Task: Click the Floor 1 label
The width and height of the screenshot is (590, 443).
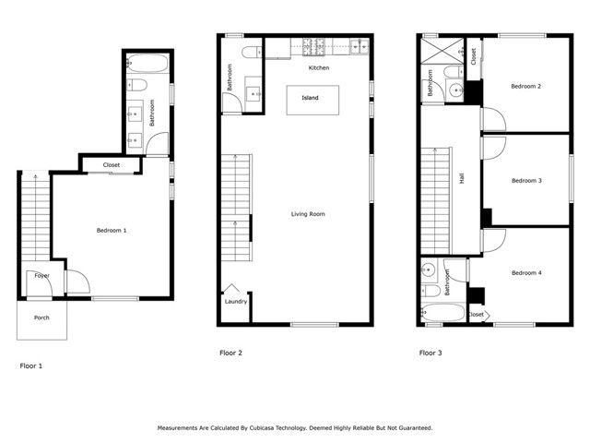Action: pos(31,366)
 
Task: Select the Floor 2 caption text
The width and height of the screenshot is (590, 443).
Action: pos(230,353)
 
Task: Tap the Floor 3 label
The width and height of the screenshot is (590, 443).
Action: pos(431,353)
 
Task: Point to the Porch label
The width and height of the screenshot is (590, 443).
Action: pos(42,318)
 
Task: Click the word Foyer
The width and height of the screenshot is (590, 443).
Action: pos(41,275)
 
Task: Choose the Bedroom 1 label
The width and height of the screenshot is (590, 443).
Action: pos(112,230)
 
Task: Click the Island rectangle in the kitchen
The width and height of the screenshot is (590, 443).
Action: pos(311,99)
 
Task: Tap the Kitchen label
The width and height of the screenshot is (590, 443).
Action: pos(319,68)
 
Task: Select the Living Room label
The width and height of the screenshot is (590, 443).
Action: pos(308,214)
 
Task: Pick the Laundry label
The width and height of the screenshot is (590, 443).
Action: pos(235,302)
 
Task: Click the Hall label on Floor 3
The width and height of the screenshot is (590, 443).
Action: pos(461,178)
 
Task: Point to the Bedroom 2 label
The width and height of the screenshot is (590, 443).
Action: pos(525,87)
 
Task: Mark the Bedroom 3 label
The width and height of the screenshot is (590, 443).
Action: pos(525,180)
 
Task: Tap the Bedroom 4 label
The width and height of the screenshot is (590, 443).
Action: pos(525,272)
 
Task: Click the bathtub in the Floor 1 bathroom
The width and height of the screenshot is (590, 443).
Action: pos(148,65)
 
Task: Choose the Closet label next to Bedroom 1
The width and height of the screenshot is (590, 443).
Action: pos(112,165)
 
